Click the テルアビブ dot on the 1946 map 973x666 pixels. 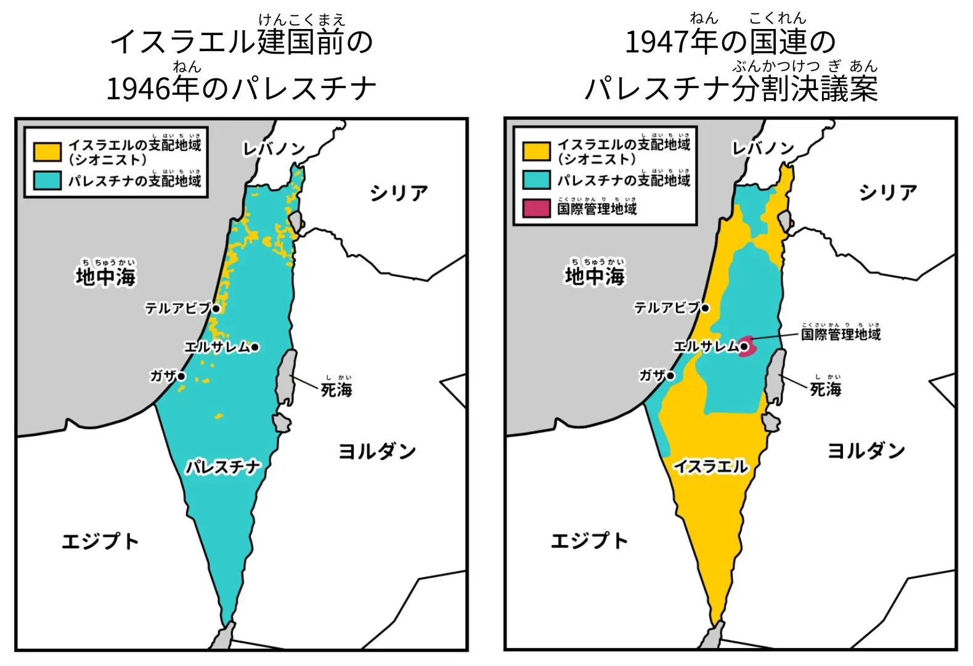[216, 308]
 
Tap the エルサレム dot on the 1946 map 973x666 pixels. [255, 347]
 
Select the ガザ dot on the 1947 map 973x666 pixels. [670, 375]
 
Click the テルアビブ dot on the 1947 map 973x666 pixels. [705, 308]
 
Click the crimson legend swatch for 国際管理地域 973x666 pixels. [535, 208]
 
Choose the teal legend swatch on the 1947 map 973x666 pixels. [535, 179]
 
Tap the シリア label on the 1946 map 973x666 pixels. [399, 193]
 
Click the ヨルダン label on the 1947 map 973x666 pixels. [865, 451]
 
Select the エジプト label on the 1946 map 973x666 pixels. [100, 541]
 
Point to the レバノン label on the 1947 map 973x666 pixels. [762, 149]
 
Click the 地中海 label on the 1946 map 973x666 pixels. [105, 277]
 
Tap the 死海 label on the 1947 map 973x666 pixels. [825, 389]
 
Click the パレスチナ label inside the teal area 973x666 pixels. [223, 467]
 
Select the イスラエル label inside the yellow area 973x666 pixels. [710, 466]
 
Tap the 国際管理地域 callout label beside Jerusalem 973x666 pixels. [841, 335]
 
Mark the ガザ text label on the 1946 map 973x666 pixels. [163, 376]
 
